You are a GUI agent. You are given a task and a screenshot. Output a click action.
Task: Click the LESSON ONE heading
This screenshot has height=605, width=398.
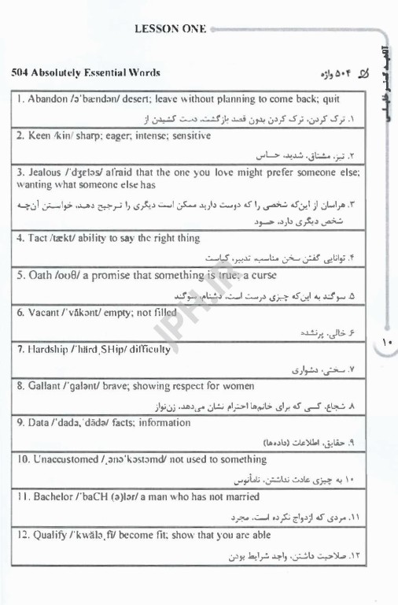pos(171,29)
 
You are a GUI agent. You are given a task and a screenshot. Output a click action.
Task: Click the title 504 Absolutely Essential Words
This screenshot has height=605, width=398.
pos(86,72)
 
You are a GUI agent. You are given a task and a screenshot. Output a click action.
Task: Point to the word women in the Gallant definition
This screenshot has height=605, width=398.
pos(239,386)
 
